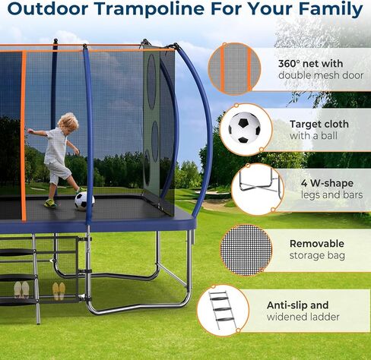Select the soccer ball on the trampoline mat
pos(84,201)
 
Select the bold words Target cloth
pos(319,123)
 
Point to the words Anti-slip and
pos(297,305)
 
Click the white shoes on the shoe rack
pos(22,289)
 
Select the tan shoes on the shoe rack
pos(59,290)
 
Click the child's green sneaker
pos(50,203)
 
